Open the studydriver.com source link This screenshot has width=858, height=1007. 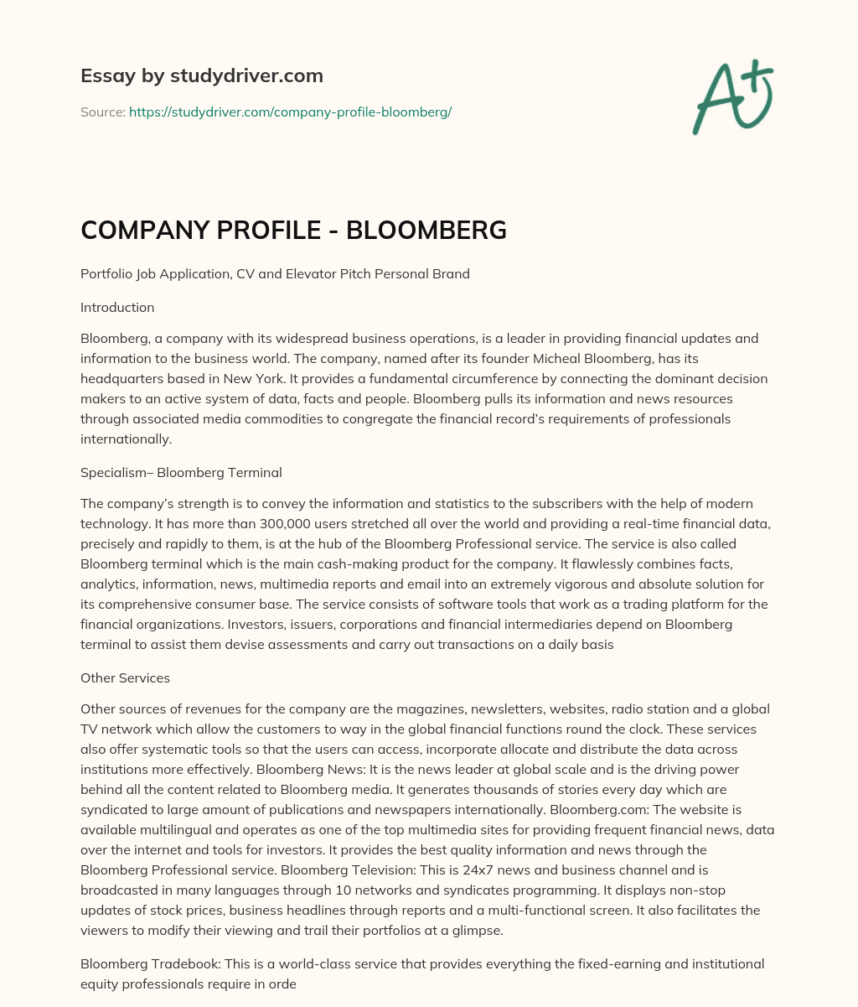pyautogui.click(x=290, y=112)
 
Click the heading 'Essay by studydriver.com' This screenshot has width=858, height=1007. pyautogui.click(x=201, y=75)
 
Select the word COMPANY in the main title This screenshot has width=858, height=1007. pyautogui.click(x=145, y=230)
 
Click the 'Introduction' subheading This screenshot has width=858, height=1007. pyautogui.click(x=117, y=307)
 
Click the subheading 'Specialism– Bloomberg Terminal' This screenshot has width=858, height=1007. pyautogui.click(x=181, y=472)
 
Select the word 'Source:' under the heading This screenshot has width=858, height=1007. pyautogui.click(x=102, y=112)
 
